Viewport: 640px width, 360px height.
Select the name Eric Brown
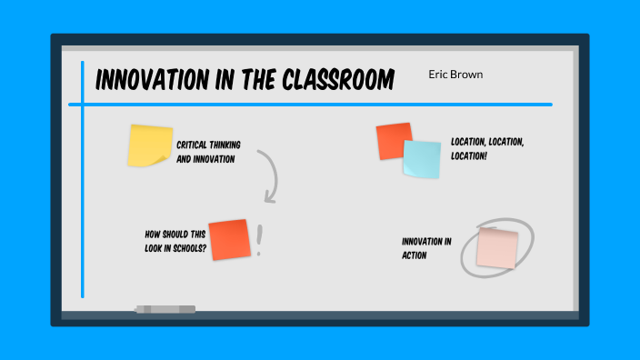point(455,74)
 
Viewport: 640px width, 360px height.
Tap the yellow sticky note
point(150,145)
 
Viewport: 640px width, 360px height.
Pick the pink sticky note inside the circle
point(497,247)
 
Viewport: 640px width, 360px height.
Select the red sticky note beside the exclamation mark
point(229,239)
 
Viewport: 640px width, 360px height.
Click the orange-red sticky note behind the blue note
point(391,139)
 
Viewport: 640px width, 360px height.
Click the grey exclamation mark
point(259,240)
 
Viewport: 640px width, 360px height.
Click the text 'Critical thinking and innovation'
point(208,152)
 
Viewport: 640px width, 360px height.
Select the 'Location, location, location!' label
point(487,149)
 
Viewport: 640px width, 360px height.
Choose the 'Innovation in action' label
point(426,248)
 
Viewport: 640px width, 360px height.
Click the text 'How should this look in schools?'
point(175,240)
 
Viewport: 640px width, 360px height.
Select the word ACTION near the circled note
point(415,255)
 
